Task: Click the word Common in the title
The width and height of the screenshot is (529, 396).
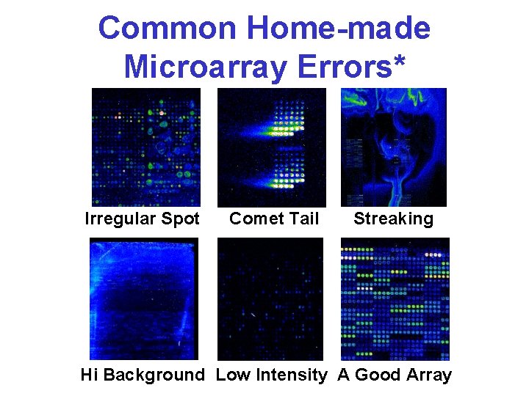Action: pos(168,29)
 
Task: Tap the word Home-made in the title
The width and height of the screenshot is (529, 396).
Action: pos(339,29)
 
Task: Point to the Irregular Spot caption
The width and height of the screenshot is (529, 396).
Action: pos(143,219)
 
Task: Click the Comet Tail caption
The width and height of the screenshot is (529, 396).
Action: pos(274,219)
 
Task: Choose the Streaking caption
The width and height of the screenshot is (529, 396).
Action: pos(393,219)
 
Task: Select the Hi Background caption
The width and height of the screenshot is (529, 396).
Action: pos(143,375)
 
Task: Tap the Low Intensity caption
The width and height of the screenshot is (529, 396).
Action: pos(271,375)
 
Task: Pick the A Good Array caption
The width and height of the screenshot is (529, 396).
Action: pos(395,375)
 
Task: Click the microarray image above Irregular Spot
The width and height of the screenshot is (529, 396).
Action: pos(145,147)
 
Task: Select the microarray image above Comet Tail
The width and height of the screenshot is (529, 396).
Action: pos(270,147)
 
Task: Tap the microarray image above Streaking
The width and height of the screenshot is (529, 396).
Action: pos(394,147)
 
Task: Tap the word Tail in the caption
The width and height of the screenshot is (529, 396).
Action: pos(303,219)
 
